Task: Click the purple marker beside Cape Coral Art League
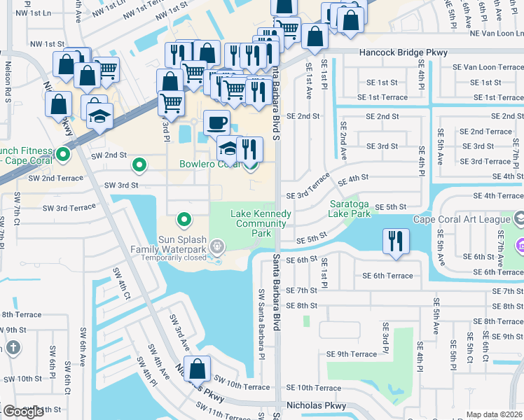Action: click(x=519, y=246)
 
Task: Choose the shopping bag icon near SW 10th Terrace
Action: click(x=198, y=368)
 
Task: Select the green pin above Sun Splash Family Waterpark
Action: click(x=184, y=220)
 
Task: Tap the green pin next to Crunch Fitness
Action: click(x=63, y=155)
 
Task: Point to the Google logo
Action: click(x=23, y=412)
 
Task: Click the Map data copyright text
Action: click(x=495, y=414)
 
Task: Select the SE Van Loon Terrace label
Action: click(x=483, y=67)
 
